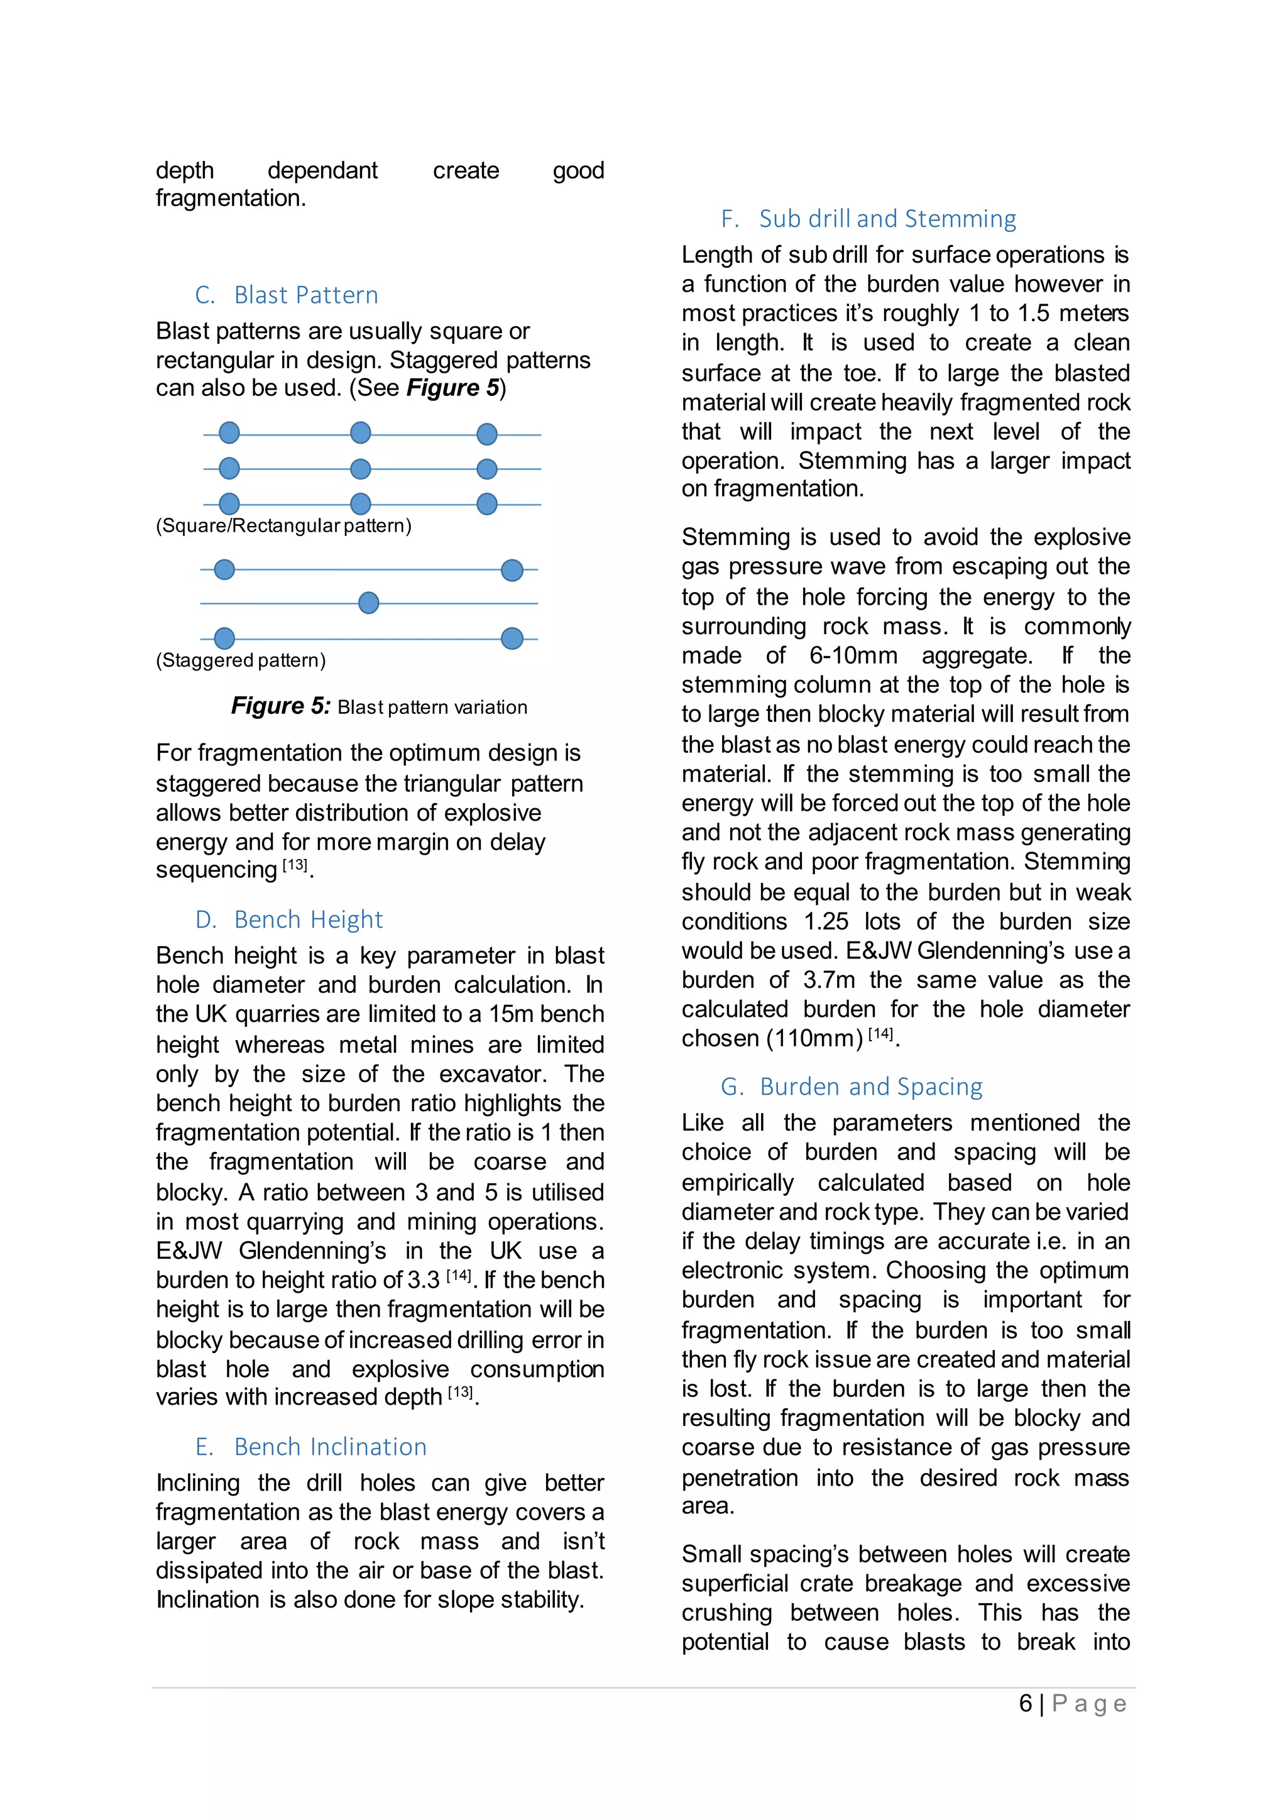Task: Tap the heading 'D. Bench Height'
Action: coord(288,919)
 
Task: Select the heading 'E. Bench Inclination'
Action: coord(310,1447)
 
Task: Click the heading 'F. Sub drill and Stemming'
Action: coord(868,219)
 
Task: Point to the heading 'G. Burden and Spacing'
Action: coord(852,1086)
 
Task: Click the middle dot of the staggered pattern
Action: coord(368,603)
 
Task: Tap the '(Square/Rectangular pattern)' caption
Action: coord(283,525)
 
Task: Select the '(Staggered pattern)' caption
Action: coord(241,661)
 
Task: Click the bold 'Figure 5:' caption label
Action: coord(280,706)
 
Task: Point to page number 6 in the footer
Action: coord(1026,1704)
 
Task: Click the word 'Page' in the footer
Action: coord(1089,1704)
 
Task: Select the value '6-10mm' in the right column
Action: coord(853,655)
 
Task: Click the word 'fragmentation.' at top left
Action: coord(231,198)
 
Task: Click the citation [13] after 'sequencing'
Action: coord(295,865)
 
